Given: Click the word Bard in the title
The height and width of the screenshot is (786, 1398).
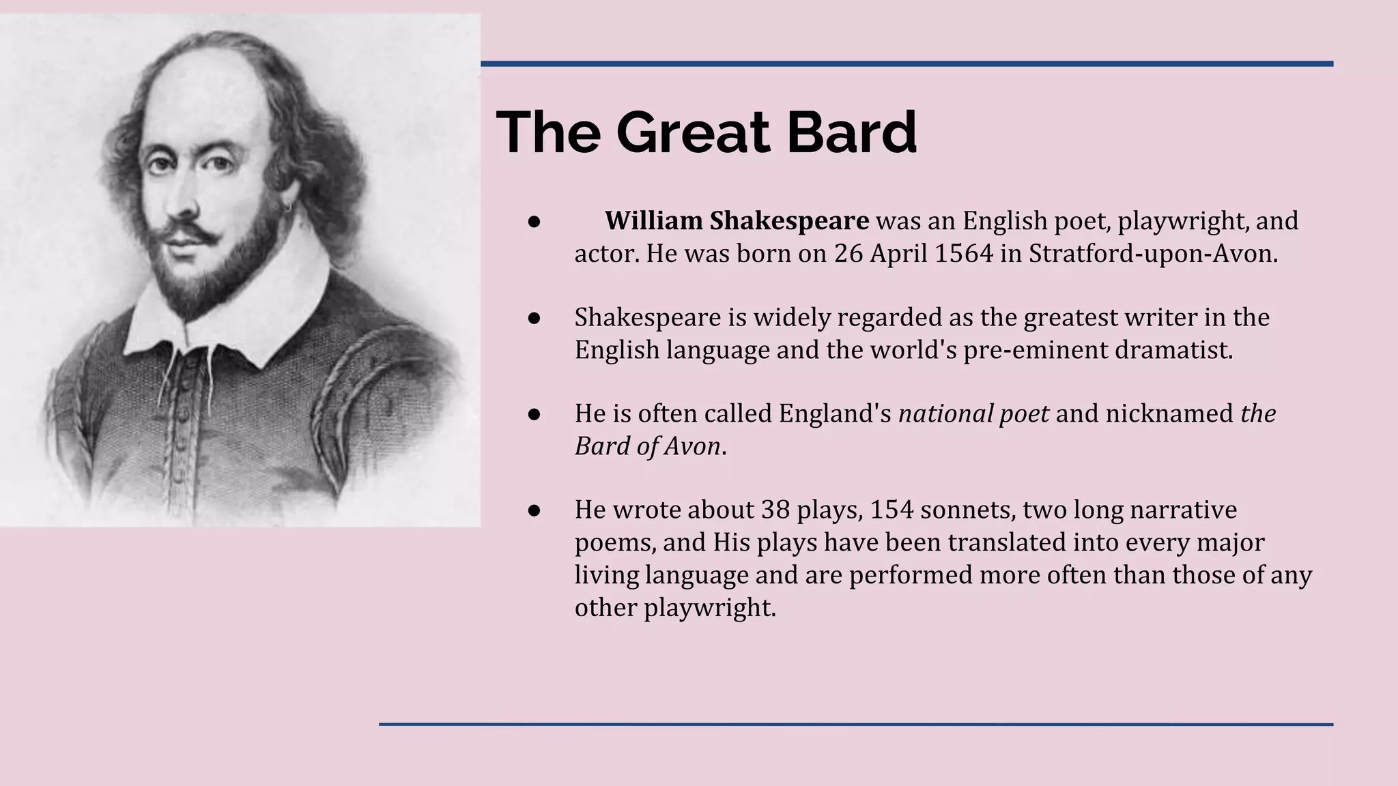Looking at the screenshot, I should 851,132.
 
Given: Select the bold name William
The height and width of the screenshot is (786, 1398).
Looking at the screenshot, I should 653,221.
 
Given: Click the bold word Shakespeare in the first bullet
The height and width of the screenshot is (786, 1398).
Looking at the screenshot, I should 789,221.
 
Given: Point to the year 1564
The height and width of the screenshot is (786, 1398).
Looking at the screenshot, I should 963,254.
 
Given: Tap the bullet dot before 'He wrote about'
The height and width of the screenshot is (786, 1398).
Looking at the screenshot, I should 534,510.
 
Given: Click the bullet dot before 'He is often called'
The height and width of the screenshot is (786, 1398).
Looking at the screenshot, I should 534,414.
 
